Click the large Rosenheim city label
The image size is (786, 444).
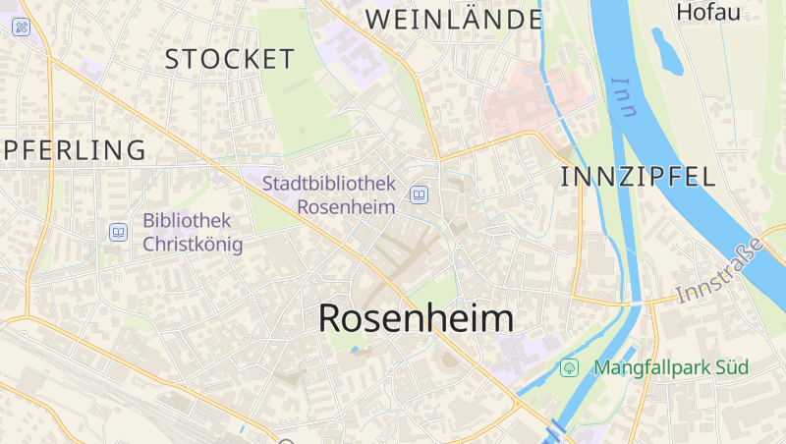[416, 318]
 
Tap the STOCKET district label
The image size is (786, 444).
[229, 59]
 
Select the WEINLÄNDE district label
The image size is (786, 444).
[454, 19]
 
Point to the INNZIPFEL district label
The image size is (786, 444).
[637, 177]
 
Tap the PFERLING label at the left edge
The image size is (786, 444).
[73, 150]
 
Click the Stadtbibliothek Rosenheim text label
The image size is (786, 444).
[329, 194]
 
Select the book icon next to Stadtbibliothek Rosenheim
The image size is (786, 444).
[420, 195]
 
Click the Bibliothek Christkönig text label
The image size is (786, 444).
[193, 232]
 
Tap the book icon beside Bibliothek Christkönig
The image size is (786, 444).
[118, 233]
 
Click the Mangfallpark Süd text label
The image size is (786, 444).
[670, 367]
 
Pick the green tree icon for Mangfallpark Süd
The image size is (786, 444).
[568, 367]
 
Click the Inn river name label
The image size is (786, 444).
[622, 96]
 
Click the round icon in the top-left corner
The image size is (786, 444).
[21, 27]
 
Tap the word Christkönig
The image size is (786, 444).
[193, 244]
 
